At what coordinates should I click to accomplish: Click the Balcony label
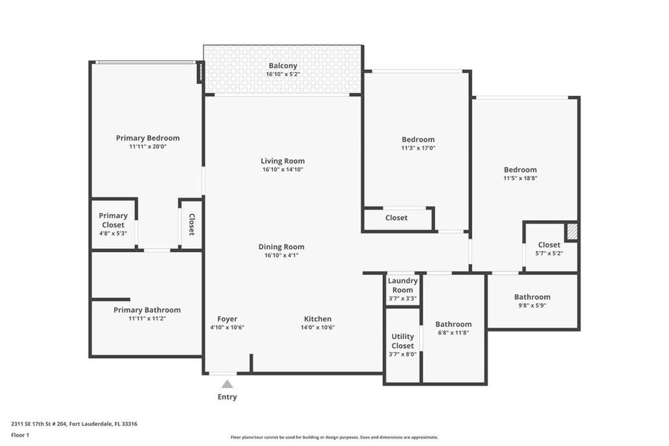(x=283, y=65)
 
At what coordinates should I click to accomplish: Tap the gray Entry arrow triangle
(x=227, y=384)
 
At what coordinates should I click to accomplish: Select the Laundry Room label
(x=402, y=285)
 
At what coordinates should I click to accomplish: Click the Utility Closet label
(x=403, y=341)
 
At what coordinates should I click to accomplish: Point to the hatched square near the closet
(x=572, y=231)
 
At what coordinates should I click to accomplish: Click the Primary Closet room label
(x=113, y=220)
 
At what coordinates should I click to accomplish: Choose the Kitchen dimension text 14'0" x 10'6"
(x=317, y=328)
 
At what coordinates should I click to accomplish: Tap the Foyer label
(x=227, y=319)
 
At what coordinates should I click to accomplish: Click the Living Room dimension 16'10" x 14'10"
(x=282, y=169)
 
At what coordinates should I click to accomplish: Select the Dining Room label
(x=281, y=247)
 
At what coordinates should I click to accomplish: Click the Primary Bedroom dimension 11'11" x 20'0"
(x=148, y=146)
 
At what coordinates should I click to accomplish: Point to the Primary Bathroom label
(x=147, y=310)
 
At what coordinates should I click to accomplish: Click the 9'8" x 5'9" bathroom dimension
(x=532, y=306)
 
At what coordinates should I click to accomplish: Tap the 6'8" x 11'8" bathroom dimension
(x=453, y=333)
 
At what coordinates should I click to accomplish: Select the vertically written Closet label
(x=192, y=224)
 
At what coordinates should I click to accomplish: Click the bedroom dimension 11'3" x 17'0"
(x=418, y=148)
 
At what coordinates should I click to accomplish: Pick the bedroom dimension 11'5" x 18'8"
(x=520, y=178)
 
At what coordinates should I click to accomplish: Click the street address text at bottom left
(x=74, y=424)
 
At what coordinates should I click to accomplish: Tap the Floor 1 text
(x=20, y=435)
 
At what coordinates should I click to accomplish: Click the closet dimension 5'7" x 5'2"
(x=549, y=253)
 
